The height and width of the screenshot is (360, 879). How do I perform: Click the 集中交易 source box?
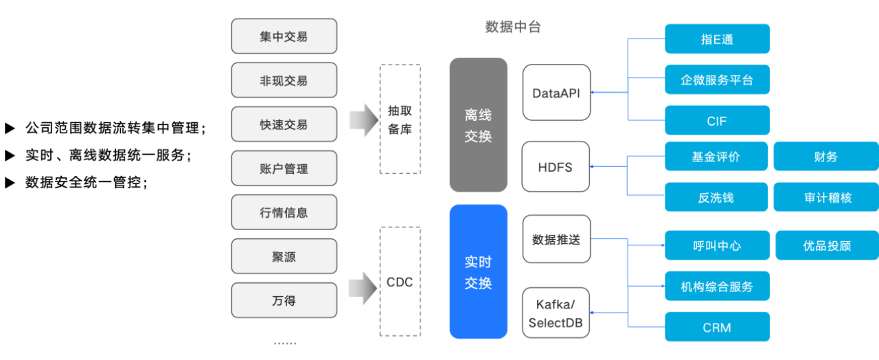pos(284,36)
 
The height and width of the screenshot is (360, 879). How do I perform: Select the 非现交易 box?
pos(284,80)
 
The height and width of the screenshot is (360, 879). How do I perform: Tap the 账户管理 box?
pos(284,168)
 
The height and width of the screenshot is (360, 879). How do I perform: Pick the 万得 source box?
pos(284,300)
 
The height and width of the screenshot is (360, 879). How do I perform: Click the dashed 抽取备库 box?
pos(400,119)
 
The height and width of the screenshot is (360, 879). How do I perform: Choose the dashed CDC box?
pos(400,282)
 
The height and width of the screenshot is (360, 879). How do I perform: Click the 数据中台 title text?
pos(513,27)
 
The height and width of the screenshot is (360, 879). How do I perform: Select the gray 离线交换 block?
pos(478,125)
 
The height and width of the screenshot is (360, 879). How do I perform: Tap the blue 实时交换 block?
pos(478,272)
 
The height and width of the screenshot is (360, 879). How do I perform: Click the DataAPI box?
pos(556,93)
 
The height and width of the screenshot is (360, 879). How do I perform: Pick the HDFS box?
pos(556,167)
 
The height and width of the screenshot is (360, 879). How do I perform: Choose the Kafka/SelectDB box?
pos(556,313)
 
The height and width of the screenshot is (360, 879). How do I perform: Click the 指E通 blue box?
pos(717,39)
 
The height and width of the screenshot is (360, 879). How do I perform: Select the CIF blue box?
pos(717,122)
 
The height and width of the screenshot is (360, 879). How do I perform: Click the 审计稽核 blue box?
pos(827,198)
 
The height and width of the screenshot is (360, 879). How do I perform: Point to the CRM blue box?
pos(717,328)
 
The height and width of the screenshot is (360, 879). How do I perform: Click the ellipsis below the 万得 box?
pos(284,341)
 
